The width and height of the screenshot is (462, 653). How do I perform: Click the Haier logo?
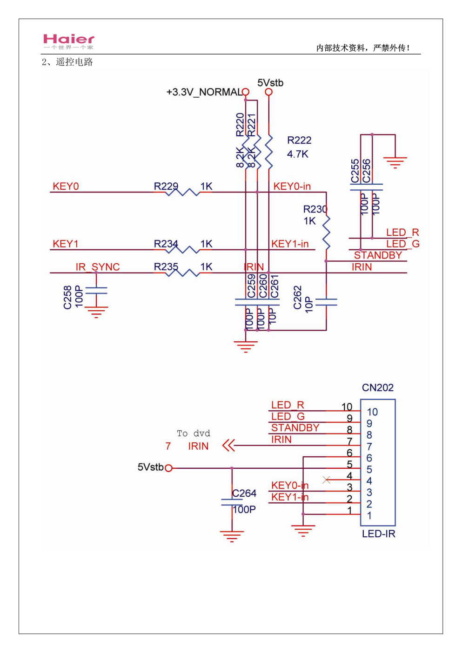point(69,41)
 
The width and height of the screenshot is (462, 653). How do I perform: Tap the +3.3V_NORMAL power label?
point(204,92)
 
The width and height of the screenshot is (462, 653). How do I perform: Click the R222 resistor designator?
point(299,140)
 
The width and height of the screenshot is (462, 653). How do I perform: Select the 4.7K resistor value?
point(298,154)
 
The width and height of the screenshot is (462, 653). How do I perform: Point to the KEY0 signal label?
point(66,187)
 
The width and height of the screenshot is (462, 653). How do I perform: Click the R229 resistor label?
point(166,187)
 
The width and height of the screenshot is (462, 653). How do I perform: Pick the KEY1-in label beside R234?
point(290,244)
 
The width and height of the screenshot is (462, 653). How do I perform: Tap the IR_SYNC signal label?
point(98,267)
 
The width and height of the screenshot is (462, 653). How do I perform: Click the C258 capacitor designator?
point(68,298)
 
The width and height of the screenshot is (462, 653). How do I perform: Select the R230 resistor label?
point(315,209)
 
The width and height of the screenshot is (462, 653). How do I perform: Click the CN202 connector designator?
point(378,388)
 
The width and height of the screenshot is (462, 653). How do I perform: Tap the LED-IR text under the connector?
point(379,534)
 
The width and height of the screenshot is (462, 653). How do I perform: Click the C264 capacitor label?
point(244,493)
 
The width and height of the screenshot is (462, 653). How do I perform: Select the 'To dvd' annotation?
point(194,433)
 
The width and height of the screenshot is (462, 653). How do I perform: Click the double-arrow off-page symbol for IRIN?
point(228,446)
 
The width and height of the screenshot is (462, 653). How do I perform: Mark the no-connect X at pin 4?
point(327,480)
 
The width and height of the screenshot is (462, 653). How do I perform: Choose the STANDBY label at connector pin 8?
point(295,428)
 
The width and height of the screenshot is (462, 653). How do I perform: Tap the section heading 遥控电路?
point(74,62)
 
